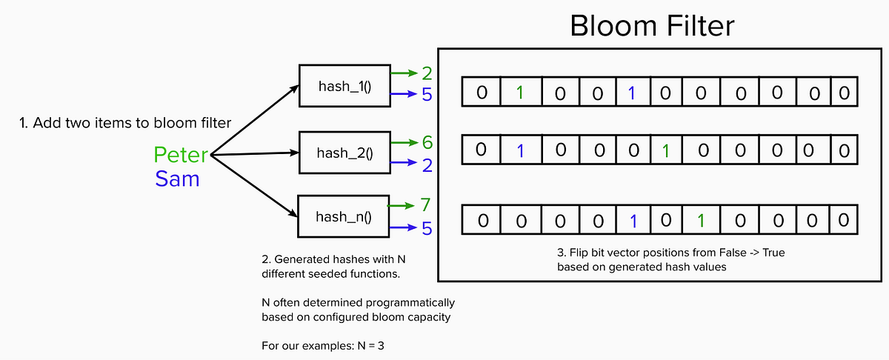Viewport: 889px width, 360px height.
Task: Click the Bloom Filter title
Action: pos(652,26)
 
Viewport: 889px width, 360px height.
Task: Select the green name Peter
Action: pos(181,155)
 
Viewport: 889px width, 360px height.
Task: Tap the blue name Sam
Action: pos(177,179)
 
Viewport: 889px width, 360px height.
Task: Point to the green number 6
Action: pos(427,141)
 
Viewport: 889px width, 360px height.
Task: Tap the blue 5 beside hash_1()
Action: pos(427,96)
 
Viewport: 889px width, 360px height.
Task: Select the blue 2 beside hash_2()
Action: pos(427,164)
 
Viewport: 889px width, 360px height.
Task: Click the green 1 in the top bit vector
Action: pos(521,93)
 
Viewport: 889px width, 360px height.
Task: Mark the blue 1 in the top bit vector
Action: pos(631,93)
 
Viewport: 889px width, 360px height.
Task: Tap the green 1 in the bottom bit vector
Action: pos(702,221)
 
